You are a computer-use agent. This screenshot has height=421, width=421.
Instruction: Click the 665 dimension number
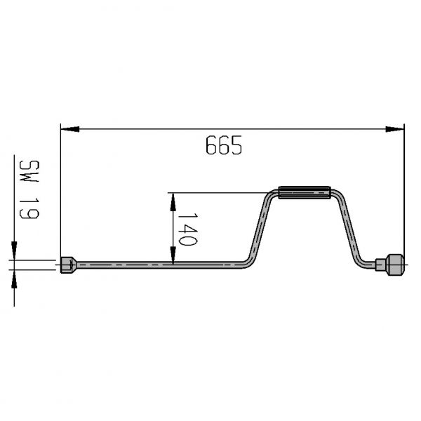point(224,145)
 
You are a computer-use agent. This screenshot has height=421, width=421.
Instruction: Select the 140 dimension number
point(187,229)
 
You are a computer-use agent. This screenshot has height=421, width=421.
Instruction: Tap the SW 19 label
point(29,189)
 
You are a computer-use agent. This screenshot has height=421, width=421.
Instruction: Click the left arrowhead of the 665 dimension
point(70,129)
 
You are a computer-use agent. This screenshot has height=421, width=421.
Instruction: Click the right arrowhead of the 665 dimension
point(394,129)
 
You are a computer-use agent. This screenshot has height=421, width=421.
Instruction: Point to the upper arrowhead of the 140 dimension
point(173,202)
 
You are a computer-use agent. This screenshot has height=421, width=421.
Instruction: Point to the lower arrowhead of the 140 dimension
point(173,255)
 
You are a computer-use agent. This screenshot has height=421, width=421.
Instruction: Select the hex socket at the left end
point(69,265)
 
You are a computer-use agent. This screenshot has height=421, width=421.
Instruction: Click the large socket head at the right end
point(396,265)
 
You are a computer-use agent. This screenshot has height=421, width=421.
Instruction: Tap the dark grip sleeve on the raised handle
point(305,192)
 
